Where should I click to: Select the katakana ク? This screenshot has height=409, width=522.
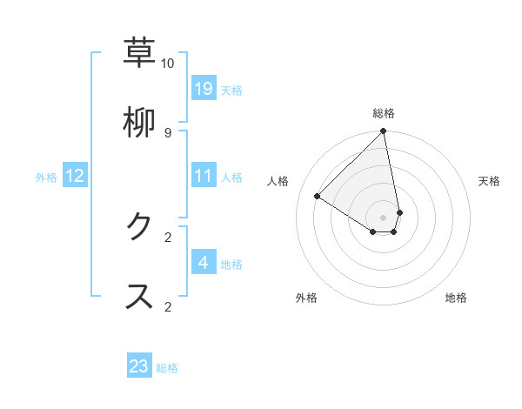pos(139,227)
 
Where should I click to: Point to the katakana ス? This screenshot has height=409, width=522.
pos(139,296)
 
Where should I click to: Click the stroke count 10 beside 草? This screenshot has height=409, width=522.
pos(167,64)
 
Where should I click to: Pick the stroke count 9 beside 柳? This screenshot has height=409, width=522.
pos(167,132)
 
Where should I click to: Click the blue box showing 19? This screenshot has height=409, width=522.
pos(204,88)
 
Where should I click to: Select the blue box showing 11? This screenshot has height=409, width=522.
pos(204,176)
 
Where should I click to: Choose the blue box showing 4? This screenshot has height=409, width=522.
pos(204,262)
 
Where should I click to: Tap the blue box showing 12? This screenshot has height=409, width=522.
pos(75,176)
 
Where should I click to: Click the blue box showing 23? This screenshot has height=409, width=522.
pos(139,366)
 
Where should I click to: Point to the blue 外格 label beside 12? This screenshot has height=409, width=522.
pos(46,177)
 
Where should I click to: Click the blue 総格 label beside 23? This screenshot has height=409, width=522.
pos(167,367)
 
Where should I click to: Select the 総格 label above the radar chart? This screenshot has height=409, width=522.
pos(384,113)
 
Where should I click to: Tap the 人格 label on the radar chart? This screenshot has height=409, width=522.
pos(278,181)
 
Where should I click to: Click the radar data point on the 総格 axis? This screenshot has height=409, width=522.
pos(384,131)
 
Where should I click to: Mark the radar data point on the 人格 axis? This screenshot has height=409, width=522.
pos(318,196)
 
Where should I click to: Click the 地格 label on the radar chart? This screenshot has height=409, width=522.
pos(456,298)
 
